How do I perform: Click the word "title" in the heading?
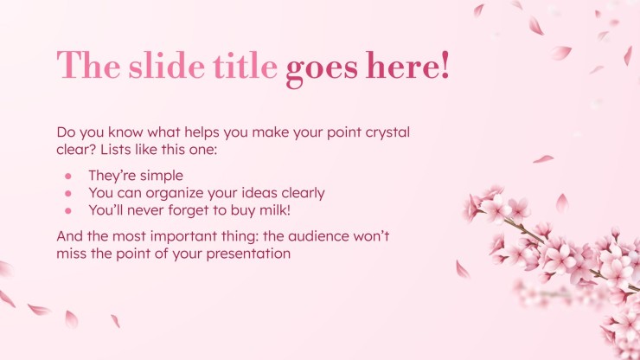coord(245,66)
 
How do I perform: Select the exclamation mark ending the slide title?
coord(445,65)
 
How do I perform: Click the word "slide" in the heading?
coord(167,66)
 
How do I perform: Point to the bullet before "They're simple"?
coord(68,176)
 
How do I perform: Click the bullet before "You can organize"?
coord(68,193)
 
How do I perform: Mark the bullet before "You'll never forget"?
coord(68,211)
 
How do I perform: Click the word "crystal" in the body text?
coord(387,133)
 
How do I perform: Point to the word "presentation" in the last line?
coord(248,254)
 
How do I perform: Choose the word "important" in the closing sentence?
coord(180,237)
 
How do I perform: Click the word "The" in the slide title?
coord(88,65)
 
